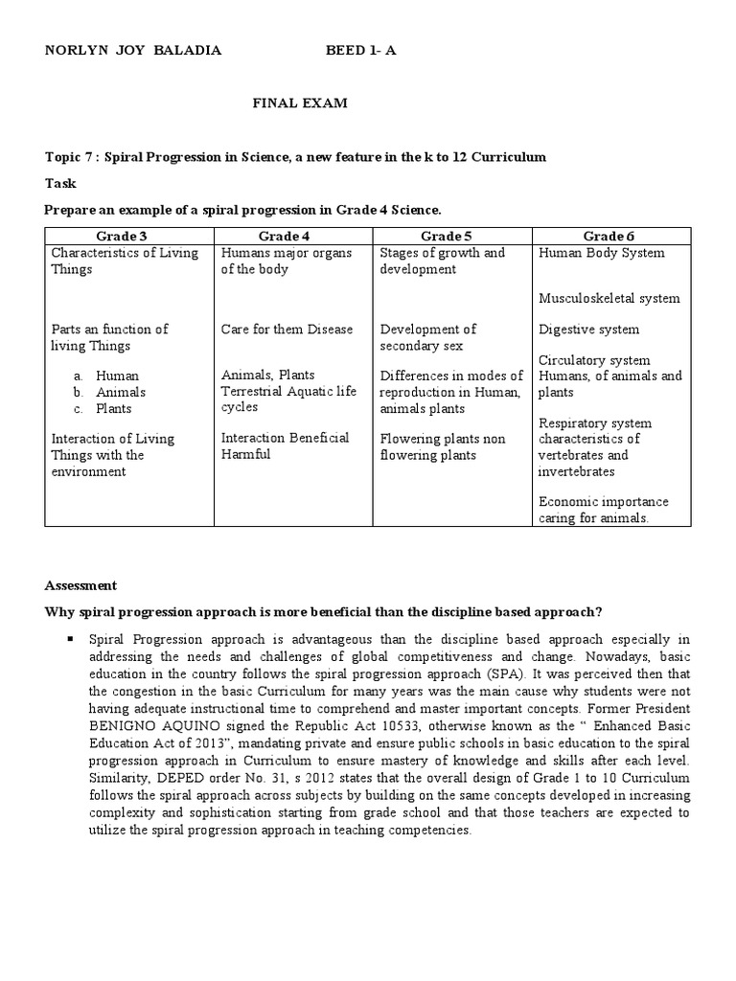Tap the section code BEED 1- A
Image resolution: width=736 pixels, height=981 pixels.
360,51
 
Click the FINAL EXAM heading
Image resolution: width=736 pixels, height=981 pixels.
299,103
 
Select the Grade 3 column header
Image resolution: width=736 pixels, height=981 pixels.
128,236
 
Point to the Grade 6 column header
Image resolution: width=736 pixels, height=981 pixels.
609,236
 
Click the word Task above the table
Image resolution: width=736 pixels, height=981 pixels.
60,182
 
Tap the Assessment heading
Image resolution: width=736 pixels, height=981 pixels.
81,584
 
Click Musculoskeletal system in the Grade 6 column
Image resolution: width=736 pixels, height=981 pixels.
609,298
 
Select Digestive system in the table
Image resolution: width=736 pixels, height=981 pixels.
588,329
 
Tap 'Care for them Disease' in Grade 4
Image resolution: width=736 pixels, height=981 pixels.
274,329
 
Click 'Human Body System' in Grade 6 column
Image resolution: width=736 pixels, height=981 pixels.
602,253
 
